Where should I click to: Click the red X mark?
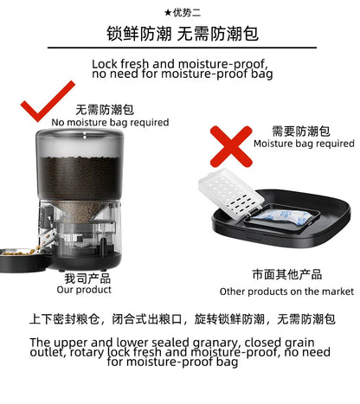[230, 144]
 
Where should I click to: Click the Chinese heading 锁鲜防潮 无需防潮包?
[182, 35]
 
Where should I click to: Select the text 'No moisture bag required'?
[110, 123]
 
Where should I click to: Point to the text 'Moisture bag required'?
[303, 144]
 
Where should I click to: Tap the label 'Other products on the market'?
[286, 292]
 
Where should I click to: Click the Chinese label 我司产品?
[87, 279]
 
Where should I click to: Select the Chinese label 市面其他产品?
[286, 273]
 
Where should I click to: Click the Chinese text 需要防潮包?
[300, 131]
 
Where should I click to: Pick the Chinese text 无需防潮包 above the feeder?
[105, 110]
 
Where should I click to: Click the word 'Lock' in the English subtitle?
[106, 64]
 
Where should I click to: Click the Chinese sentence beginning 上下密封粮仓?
[183, 320]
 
